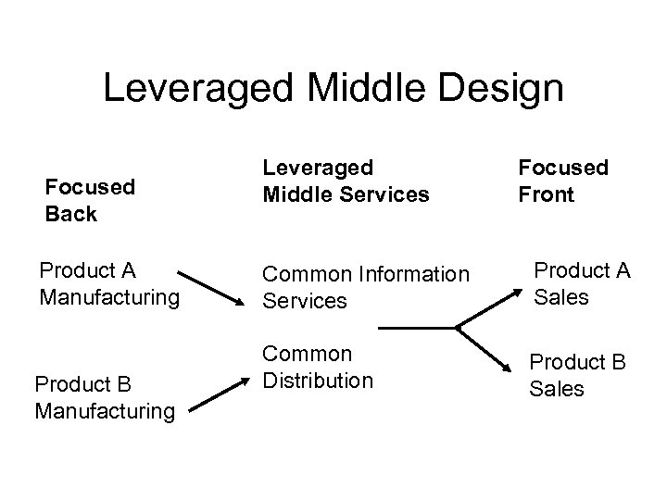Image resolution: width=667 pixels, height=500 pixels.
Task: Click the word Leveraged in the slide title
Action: (x=195, y=88)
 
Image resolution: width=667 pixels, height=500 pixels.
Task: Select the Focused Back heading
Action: (x=90, y=200)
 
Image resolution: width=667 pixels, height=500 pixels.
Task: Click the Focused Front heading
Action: (x=563, y=181)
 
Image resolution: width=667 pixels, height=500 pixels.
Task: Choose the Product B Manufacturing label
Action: (x=104, y=395)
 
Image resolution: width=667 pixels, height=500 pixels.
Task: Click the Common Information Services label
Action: (x=366, y=288)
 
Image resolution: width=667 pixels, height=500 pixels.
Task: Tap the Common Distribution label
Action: (x=318, y=367)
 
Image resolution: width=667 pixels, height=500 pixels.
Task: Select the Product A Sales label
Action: (x=581, y=283)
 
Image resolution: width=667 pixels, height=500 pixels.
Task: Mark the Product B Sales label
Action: (x=577, y=375)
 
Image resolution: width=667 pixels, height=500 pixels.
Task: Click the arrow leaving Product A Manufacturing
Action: (x=211, y=288)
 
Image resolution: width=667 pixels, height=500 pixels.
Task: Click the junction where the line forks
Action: (x=458, y=327)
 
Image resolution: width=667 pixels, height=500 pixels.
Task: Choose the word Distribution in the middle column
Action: (x=318, y=380)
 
